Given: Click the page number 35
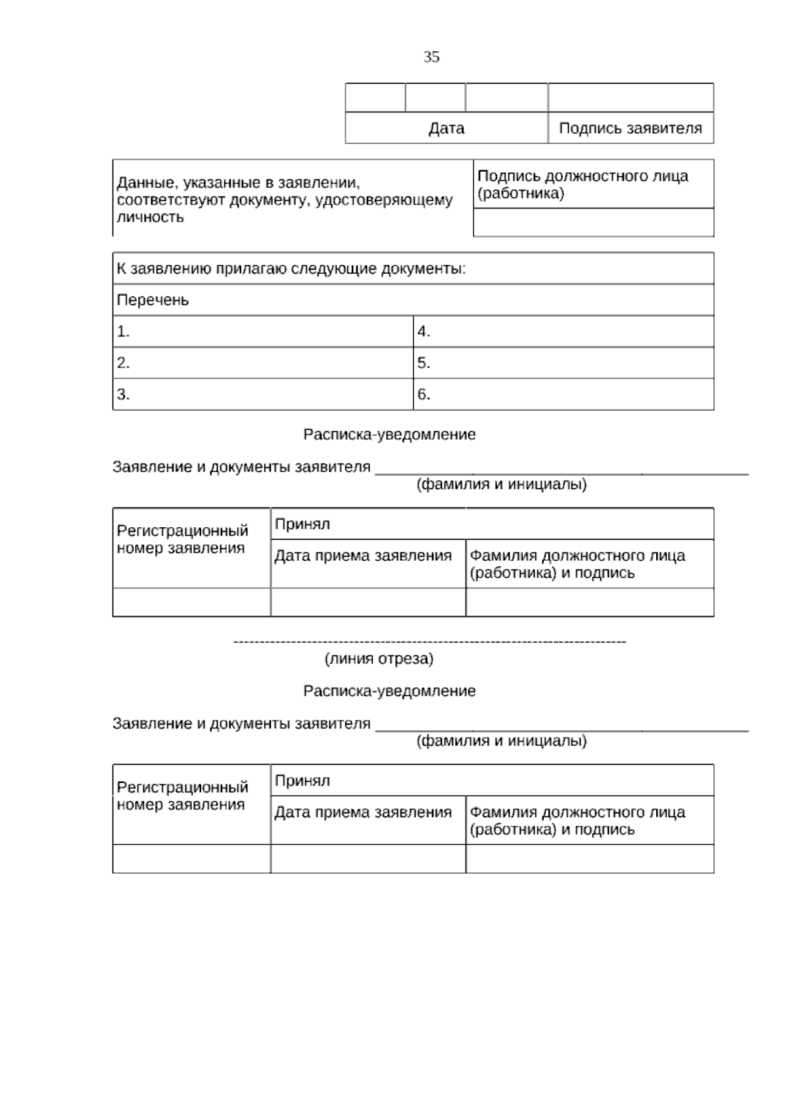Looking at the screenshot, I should pos(431,57).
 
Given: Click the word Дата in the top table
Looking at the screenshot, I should pos(446,128).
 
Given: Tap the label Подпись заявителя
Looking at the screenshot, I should pos(630,128).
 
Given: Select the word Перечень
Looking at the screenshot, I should pos(153,300).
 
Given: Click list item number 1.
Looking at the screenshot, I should pos(123,332).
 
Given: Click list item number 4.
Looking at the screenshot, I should pos(423,332).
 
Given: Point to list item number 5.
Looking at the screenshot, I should pos(423,363).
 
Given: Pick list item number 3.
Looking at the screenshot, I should pos(123,394).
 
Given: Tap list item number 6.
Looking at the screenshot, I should pos(423,394).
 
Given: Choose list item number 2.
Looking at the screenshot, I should pos(123,363).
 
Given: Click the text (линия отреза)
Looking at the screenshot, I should pos(379,659).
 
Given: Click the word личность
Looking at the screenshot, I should pos(150,218).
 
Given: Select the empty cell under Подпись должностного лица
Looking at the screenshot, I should pos(593,223).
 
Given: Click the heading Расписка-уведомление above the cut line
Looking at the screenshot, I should pos(389,435).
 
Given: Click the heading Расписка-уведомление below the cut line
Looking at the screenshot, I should pos(389,691).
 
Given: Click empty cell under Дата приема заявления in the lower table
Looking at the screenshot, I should pos(368,859).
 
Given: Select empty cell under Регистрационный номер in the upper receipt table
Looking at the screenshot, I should pos(191,602).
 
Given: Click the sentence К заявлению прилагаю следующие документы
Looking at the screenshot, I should pos(291,269).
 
